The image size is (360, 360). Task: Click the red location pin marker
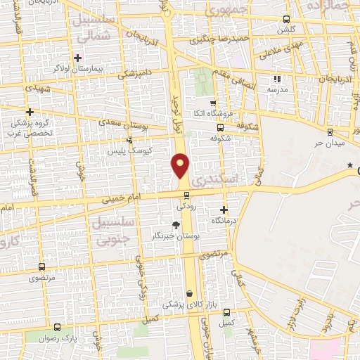[181, 166]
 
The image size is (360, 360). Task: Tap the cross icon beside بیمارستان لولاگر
[77, 57]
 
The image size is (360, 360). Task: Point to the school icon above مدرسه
[276, 79]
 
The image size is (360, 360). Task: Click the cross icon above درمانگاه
[224, 210]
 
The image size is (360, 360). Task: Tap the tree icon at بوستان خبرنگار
[175, 225]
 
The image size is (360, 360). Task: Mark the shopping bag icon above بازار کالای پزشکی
[189, 294]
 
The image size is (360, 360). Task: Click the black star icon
[349, 165]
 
